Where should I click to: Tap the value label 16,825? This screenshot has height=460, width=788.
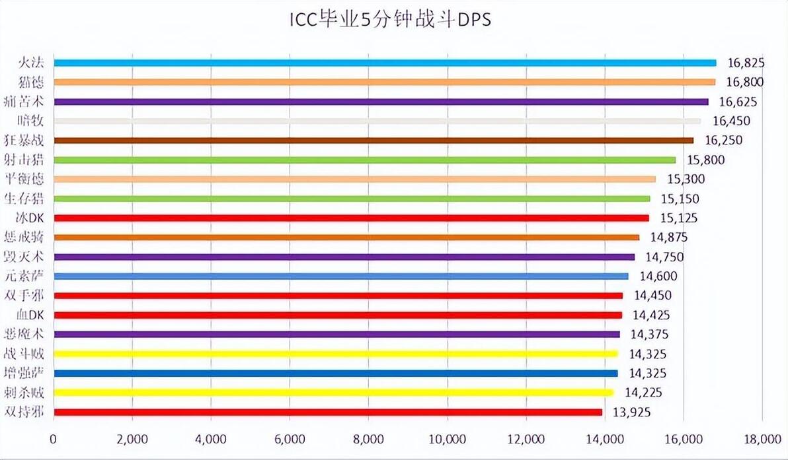[x=745, y=63]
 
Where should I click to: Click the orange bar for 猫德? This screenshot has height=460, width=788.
[x=384, y=82]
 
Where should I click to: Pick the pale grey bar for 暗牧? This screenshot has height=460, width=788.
[x=377, y=121]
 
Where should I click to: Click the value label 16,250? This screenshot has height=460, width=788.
[x=723, y=141]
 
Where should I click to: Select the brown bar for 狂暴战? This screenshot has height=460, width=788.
[x=374, y=141]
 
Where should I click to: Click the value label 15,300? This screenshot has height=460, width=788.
[x=686, y=179]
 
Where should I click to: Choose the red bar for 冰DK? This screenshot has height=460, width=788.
[x=351, y=218]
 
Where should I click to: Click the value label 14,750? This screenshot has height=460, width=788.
[x=664, y=257]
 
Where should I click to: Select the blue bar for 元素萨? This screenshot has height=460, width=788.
[x=341, y=276]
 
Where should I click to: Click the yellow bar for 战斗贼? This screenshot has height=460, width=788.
[x=335, y=354]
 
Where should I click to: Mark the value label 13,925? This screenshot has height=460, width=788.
[x=632, y=412]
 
